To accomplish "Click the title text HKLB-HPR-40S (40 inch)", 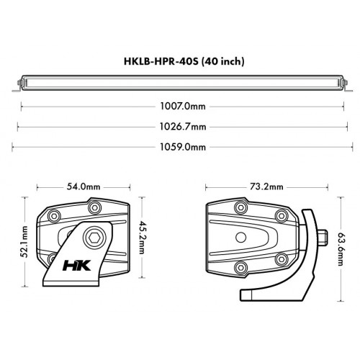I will click(179, 61).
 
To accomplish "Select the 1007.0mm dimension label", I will click(181, 107).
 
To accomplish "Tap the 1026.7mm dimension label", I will click(181, 127).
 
